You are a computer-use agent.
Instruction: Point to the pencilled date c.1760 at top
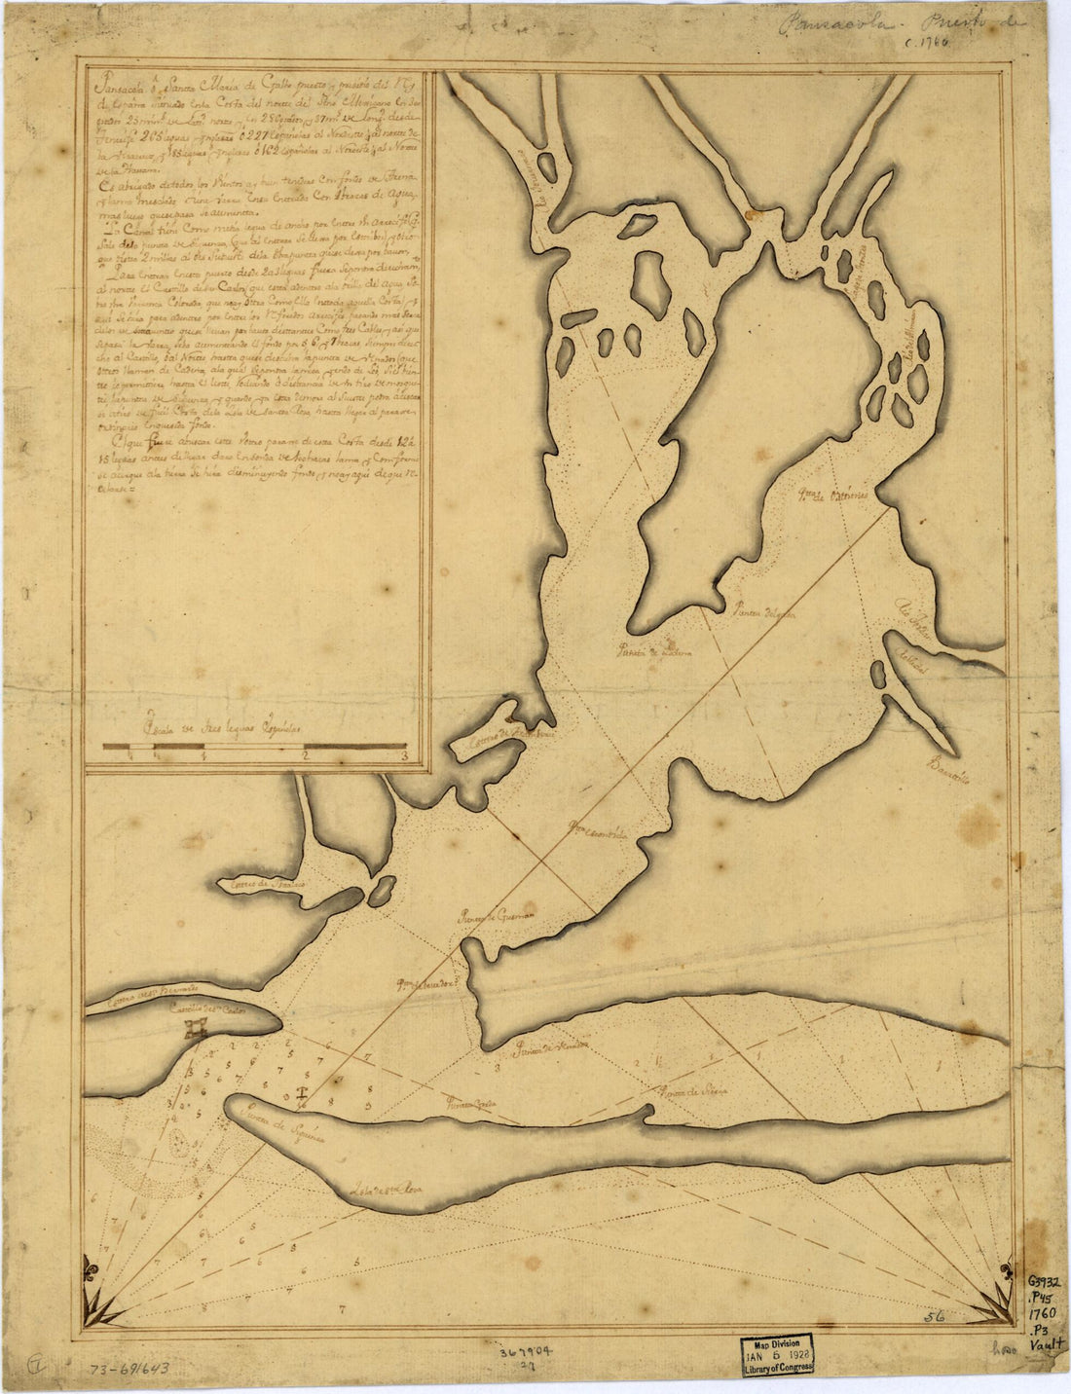pos(927,44)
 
